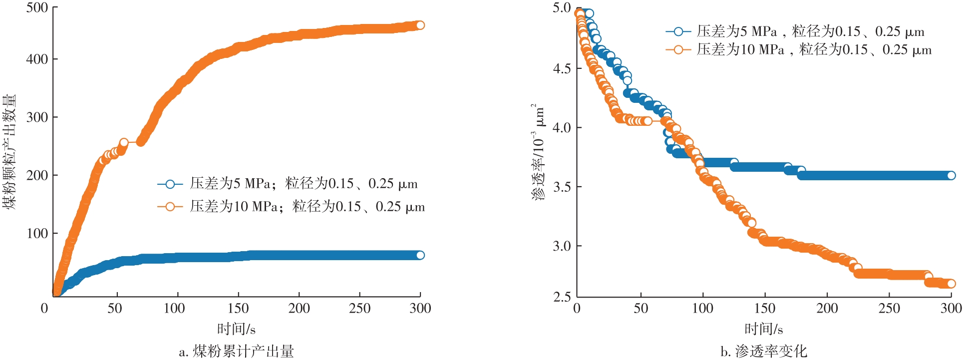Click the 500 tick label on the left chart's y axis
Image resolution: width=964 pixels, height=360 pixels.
[37, 8]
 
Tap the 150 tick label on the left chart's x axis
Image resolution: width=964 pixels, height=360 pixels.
[238, 308]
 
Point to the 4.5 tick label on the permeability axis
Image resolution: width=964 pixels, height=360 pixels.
[562, 68]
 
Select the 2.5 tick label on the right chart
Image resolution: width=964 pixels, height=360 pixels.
[562, 297]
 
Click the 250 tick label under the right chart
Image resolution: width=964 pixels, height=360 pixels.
[889, 308]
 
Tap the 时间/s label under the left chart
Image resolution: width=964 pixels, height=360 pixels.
[236, 329]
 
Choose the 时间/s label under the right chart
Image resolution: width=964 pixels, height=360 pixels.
[763, 329]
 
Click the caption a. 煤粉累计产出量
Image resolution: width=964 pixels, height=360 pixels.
[236, 352]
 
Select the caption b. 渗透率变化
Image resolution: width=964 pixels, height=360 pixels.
[764, 352]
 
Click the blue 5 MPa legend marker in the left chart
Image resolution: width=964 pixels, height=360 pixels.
[170, 184]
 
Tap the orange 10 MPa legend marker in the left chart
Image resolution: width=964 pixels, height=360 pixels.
[170, 207]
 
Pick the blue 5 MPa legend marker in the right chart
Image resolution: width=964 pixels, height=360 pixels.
[678, 31]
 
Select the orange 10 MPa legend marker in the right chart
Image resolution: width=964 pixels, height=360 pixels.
[678, 49]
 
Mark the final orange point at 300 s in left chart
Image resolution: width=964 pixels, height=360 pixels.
[420, 25]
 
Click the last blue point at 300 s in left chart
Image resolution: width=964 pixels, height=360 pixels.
[420, 255]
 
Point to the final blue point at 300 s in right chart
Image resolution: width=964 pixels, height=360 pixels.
[951, 175]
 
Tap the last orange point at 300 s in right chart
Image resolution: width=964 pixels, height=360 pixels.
[951, 284]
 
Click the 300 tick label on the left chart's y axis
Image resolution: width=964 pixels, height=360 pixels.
[37, 117]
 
